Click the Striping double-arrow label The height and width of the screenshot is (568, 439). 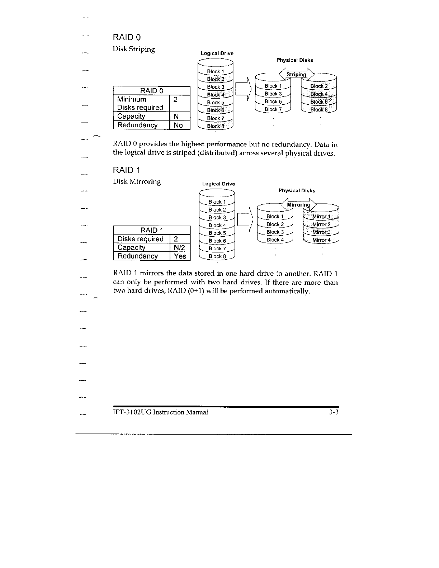pyautogui.click(x=296, y=75)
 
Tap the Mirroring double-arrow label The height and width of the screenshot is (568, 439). pyautogui.click(x=298, y=205)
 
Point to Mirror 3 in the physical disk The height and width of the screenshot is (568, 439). pyautogui.click(x=321, y=232)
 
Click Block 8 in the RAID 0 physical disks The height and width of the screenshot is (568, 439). pyautogui.click(x=319, y=110)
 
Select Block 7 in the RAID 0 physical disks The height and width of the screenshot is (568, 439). pyautogui.click(x=273, y=109)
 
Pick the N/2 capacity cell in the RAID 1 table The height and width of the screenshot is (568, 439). pyautogui.click(x=179, y=247)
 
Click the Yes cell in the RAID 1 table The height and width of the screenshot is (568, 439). pyautogui.click(x=180, y=256)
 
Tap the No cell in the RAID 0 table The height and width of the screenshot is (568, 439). pyautogui.click(x=178, y=125)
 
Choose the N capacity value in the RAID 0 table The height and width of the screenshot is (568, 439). pyautogui.click(x=176, y=116)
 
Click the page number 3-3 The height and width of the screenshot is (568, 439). pyautogui.click(x=334, y=412)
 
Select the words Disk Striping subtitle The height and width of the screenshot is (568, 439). pyautogui.click(x=134, y=49)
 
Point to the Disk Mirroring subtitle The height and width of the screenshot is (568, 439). pyautogui.click(x=137, y=181)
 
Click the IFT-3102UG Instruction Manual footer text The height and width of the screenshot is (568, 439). pyautogui.click(x=160, y=412)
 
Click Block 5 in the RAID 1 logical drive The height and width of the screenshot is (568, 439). pyautogui.click(x=217, y=233)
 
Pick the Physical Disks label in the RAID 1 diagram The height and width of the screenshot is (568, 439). pyautogui.click(x=297, y=191)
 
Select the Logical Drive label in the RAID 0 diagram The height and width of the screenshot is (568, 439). pyautogui.click(x=217, y=53)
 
